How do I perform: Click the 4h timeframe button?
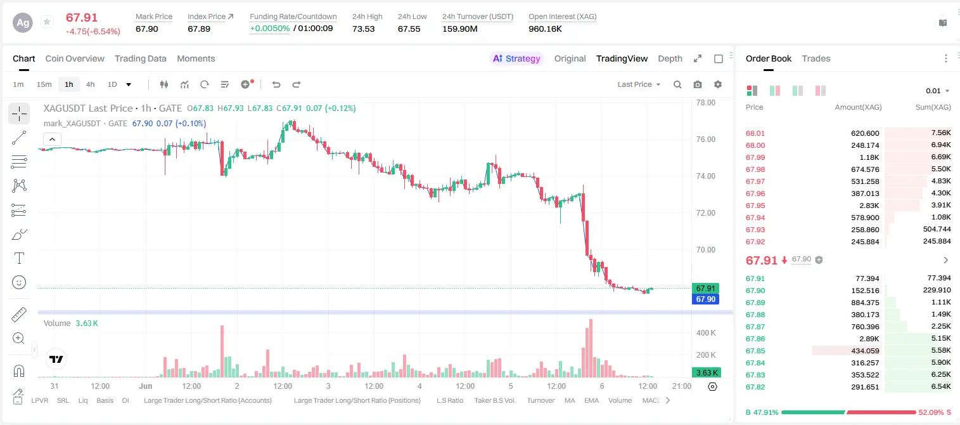click(90, 84)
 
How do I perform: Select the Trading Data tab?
click(140, 58)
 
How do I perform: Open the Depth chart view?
click(670, 58)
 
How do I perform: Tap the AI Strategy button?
click(516, 58)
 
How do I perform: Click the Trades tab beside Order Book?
click(816, 58)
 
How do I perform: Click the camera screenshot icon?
click(698, 84)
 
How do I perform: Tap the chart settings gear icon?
click(718, 84)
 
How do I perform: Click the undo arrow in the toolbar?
click(276, 84)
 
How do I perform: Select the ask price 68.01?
click(755, 133)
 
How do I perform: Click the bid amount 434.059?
click(866, 351)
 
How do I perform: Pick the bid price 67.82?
click(755, 387)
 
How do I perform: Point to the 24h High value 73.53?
click(364, 29)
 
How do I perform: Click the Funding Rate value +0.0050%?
click(269, 29)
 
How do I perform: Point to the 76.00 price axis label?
click(706, 140)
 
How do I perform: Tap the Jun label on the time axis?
click(145, 386)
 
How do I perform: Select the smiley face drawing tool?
click(19, 282)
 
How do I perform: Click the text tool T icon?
click(19, 258)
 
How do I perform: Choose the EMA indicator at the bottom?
click(591, 400)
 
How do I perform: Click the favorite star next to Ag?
click(47, 22)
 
